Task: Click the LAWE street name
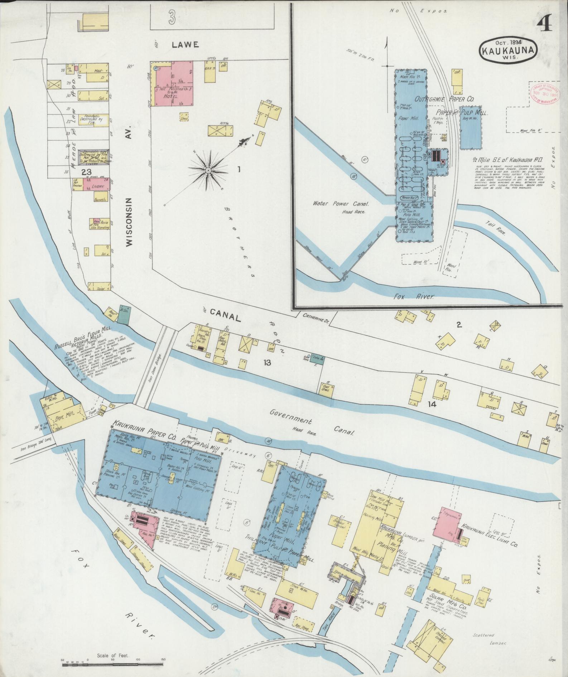[x=185, y=45]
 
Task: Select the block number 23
[x=86, y=172]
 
